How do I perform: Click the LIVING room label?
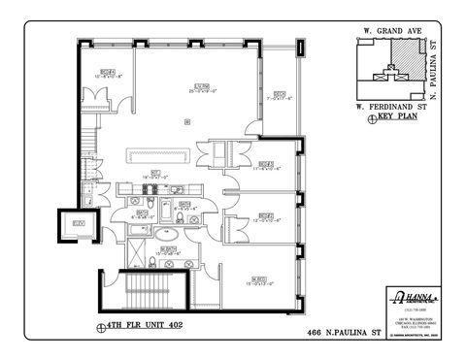(202, 86)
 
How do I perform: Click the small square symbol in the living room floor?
(185, 120)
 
